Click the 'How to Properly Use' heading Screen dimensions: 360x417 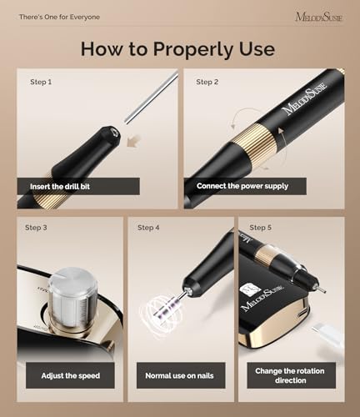[x=177, y=49]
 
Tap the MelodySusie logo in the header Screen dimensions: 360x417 [x=319, y=17]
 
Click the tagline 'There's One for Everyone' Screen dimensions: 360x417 [x=59, y=17]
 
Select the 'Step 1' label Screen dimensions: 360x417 [x=41, y=82]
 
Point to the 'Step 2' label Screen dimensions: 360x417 [x=207, y=82]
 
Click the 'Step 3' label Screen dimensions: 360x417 [x=36, y=228]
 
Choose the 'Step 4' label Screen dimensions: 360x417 [x=148, y=228]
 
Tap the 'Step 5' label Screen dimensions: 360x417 [x=260, y=228]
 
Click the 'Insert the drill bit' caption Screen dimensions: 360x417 [x=60, y=187]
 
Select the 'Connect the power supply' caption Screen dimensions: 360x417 [x=242, y=186]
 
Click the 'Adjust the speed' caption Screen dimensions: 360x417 [x=71, y=376]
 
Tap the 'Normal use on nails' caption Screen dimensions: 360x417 [x=179, y=376]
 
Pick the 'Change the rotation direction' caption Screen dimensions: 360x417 [x=290, y=375]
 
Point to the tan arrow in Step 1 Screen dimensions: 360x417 [x=132, y=142]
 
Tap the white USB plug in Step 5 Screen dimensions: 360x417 [x=327, y=337]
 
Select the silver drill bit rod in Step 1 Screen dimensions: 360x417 [x=152, y=98]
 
